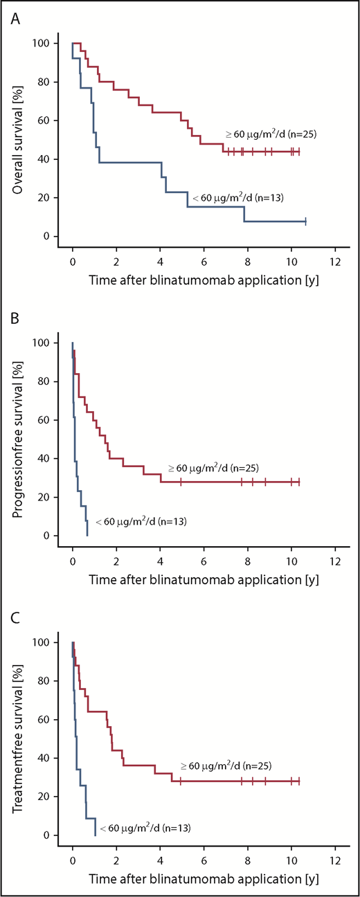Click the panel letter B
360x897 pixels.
pyautogui.click(x=15, y=316)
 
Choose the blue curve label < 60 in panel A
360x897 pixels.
pyautogui.click(x=236, y=199)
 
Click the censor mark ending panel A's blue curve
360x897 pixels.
pyautogui.click(x=305, y=221)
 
